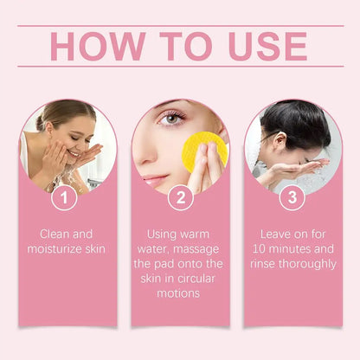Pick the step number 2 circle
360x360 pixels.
179,198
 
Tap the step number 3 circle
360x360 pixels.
292,198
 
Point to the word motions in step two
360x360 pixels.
180,292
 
